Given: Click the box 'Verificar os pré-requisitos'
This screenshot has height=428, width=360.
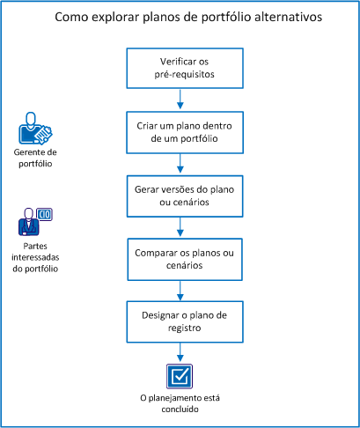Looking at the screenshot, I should click(x=180, y=69).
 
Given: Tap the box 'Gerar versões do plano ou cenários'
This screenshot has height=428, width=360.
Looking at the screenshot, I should click(x=180, y=196).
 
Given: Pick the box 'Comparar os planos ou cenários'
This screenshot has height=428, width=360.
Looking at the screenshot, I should click(x=180, y=260).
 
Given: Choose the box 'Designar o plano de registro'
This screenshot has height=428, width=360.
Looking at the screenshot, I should click(x=180, y=322).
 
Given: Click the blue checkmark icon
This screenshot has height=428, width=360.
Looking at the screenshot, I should click(x=179, y=375).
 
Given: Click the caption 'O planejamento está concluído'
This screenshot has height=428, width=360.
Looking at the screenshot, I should click(x=179, y=403).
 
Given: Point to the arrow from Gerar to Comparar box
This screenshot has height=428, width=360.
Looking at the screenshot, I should click(x=180, y=227).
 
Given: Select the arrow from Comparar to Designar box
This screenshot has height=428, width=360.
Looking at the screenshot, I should click(x=180, y=291).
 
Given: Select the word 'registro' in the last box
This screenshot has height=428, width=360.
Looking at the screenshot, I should click(x=180, y=329).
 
